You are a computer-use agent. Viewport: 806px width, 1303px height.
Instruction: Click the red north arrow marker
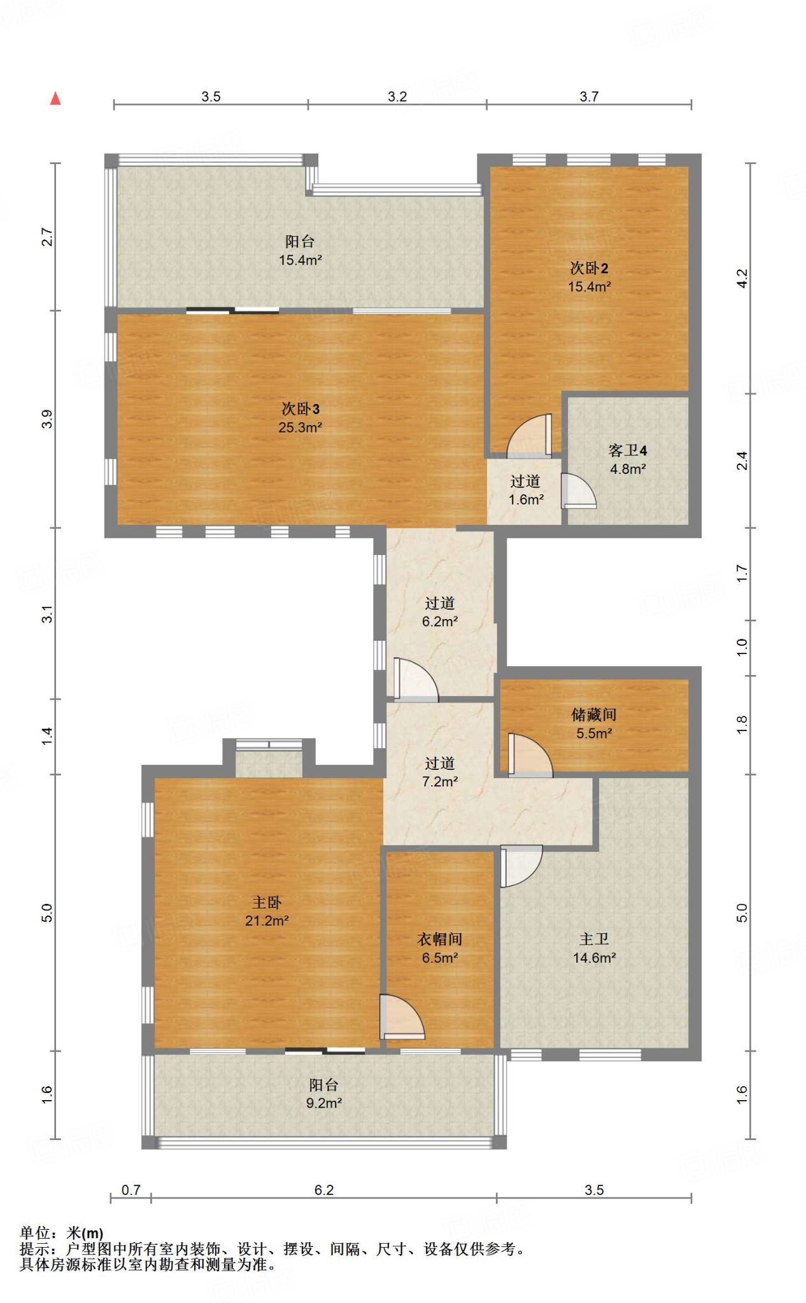55,98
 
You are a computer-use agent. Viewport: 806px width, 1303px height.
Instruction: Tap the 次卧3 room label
300,409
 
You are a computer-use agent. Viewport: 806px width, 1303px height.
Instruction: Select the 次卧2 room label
589,268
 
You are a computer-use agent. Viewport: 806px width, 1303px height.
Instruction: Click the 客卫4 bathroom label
628,450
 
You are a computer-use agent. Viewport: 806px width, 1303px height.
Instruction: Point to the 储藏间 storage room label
594,714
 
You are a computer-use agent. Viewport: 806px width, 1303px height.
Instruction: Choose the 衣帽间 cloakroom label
440,939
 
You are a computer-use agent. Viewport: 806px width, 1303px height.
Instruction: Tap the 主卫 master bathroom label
594,939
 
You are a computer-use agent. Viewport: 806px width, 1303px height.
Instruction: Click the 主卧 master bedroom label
267,902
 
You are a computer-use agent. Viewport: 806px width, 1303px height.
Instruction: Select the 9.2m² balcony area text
324,1103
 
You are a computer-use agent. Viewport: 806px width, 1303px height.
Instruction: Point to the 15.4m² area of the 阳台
300,260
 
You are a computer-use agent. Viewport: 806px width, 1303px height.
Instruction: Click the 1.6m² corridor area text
526,500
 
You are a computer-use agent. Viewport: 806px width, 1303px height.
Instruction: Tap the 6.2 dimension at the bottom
324,1190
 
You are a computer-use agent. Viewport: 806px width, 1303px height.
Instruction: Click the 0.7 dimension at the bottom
131,1190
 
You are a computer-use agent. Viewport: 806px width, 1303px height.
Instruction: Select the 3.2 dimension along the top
397,97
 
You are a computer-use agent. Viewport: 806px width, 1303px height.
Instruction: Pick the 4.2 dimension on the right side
742,279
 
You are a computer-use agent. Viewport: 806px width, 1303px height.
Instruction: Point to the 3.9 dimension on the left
46,419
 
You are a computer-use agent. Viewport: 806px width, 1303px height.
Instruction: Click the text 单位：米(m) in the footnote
61,1233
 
